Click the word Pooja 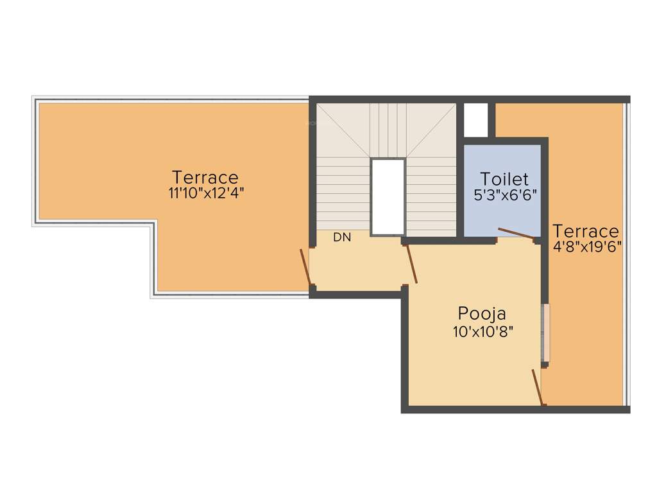[482, 314]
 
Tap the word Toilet [504, 178]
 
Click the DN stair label [342, 238]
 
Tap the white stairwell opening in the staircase [388, 196]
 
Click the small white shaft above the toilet [475, 119]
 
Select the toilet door [516, 234]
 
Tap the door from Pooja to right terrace [538, 387]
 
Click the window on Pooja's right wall [546, 333]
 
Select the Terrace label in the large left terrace [205, 177]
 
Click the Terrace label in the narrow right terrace [586, 230]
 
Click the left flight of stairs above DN [343, 193]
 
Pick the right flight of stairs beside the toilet [431, 196]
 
